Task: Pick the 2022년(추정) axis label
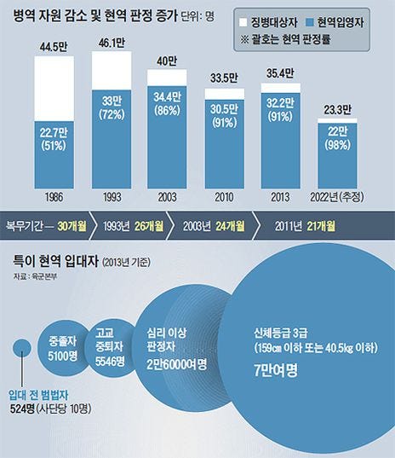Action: (x=343, y=194)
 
